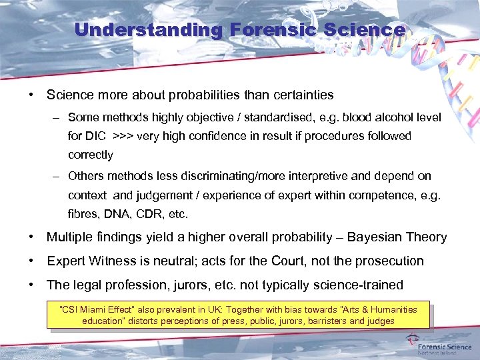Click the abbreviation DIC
[x=95, y=136]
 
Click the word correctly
[x=91, y=155]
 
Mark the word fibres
[x=82, y=215]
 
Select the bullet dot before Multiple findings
[x=31, y=237]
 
